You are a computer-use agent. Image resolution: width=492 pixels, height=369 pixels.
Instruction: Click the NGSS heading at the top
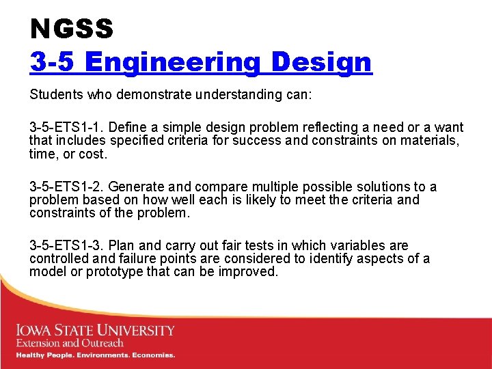(x=71, y=29)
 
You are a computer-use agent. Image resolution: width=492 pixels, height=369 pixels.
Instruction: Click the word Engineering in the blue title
(x=174, y=62)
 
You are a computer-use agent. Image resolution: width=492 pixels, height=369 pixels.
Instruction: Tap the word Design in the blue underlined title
(x=321, y=62)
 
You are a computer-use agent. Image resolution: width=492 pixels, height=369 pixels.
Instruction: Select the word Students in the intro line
(x=53, y=94)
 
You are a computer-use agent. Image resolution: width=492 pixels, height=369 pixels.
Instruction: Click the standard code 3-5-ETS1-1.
(x=66, y=128)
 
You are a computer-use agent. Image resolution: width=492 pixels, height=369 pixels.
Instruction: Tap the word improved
(x=251, y=271)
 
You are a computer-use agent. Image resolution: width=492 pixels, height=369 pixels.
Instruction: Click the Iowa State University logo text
(x=96, y=331)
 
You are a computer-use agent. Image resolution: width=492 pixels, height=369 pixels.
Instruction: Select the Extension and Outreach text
(x=70, y=343)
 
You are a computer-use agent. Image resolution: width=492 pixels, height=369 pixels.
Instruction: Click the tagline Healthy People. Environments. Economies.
(x=96, y=355)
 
